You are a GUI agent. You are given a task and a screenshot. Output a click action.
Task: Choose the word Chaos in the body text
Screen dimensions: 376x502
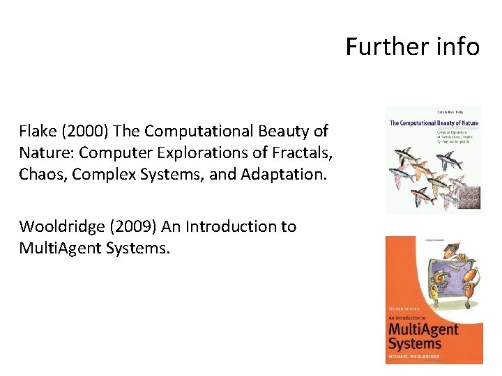pos(40,174)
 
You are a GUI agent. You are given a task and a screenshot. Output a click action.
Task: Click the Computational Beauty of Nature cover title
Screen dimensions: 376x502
pos(432,123)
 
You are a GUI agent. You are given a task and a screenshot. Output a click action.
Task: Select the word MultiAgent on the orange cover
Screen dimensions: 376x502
pos(424,329)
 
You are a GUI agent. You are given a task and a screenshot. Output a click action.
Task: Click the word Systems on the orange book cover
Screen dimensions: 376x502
pos(415,343)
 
